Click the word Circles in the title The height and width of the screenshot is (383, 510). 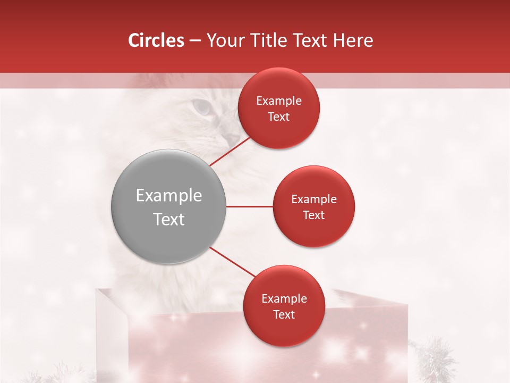pyautogui.click(x=156, y=40)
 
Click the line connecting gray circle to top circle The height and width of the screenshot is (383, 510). pyautogui.click(x=231, y=151)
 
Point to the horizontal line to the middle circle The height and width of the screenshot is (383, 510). pyautogui.click(x=249, y=206)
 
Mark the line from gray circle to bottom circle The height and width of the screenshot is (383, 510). pyautogui.click(x=232, y=262)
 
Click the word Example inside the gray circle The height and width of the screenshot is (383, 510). pyautogui.click(x=169, y=196)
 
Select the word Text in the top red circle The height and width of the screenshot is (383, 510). pyautogui.click(x=279, y=117)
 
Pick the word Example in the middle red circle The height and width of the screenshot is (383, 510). pyautogui.click(x=314, y=199)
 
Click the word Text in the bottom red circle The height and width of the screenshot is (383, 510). pyautogui.click(x=284, y=315)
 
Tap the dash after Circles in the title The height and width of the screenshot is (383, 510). pyautogui.click(x=195, y=41)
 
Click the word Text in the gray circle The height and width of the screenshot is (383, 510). pyautogui.click(x=169, y=219)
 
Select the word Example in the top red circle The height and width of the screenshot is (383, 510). pyautogui.click(x=279, y=101)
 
